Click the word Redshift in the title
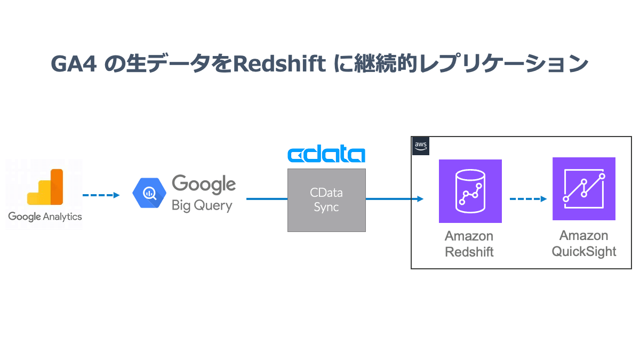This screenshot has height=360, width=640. (x=279, y=64)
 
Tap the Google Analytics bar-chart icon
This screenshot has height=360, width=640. (x=45, y=187)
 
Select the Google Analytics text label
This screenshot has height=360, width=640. (x=45, y=217)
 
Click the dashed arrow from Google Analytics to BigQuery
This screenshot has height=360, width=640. (x=101, y=195)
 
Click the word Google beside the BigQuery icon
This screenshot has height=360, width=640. (x=203, y=185)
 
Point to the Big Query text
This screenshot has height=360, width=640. (x=202, y=206)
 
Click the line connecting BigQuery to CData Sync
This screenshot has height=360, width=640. (x=267, y=199)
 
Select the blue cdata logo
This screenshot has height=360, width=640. (x=326, y=155)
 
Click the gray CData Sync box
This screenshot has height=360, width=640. (x=326, y=200)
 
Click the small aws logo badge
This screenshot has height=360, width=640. (x=420, y=146)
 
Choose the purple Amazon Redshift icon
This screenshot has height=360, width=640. (x=470, y=191)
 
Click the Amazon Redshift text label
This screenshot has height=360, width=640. (x=469, y=244)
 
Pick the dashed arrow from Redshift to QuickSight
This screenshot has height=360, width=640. (x=527, y=199)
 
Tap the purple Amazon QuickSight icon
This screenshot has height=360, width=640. (x=583, y=189)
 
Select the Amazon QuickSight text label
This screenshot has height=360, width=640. (x=583, y=244)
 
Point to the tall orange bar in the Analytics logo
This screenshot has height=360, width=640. (x=57, y=187)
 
